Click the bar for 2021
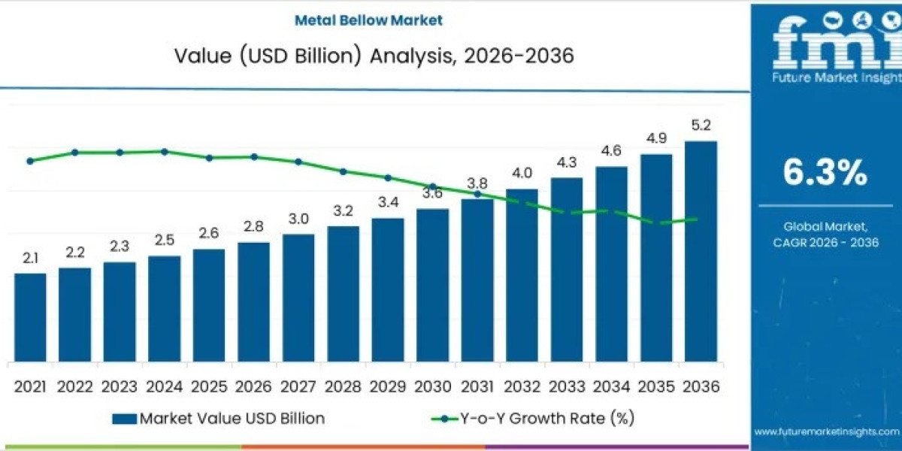click(x=30, y=317)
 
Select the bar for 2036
click(x=701, y=251)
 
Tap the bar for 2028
click(x=343, y=293)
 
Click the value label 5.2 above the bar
click(x=701, y=125)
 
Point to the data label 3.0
click(x=298, y=219)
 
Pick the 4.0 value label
click(x=522, y=174)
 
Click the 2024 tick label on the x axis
click(x=165, y=386)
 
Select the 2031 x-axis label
click(x=477, y=386)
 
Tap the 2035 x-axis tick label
click(x=656, y=386)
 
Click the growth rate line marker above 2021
click(x=30, y=161)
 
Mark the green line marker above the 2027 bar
click(x=298, y=162)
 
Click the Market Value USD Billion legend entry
click(x=232, y=419)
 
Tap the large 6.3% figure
click(x=825, y=173)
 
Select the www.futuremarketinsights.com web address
click(x=826, y=431)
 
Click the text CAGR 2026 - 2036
click(x=825, y=242)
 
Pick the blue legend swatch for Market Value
click(x=124, y=419)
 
